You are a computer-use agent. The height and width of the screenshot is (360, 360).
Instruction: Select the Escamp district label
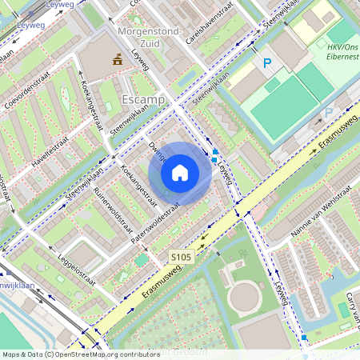142,99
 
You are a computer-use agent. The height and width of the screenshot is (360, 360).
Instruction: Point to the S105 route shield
182,257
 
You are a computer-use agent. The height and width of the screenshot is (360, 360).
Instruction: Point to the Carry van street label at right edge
349,302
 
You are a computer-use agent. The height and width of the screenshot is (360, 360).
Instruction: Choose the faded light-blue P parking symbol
328,114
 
